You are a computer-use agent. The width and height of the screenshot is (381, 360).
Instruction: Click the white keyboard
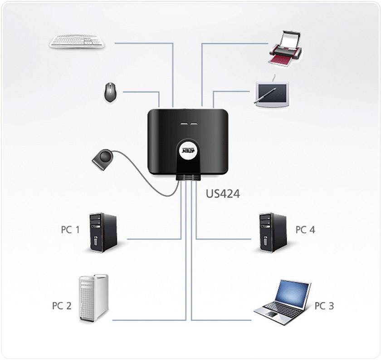pos(77,41)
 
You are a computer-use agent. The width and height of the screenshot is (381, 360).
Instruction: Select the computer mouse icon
pos(110,92)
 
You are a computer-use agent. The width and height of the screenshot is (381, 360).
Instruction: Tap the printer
pos(284,48)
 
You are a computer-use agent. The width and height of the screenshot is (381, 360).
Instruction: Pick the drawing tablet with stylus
pos(271,94)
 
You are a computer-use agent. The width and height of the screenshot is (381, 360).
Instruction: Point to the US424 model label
pos(223,194)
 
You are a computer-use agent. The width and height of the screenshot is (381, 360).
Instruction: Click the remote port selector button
pos(103,159)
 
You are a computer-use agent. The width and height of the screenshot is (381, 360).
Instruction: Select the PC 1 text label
pos(70,230)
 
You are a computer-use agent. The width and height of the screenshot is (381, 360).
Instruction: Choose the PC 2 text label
pos(62,306)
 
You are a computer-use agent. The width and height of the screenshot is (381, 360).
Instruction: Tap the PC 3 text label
pos(324,306)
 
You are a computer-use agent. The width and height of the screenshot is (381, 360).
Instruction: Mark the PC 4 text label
pos(305,230)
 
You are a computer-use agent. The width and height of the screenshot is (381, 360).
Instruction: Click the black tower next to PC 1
pos(103,232)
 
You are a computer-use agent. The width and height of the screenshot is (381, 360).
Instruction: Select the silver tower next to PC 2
pos(94,298)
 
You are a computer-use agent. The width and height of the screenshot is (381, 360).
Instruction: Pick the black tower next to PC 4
pos(273,232)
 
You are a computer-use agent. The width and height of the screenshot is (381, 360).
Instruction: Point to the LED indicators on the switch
pos(188,123)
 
